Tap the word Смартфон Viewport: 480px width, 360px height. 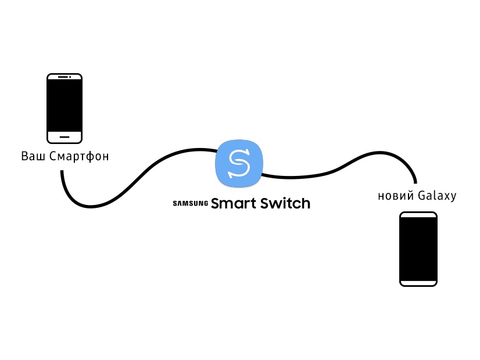click(x=79, y=156)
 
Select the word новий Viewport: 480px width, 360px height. click(x=396, y=196)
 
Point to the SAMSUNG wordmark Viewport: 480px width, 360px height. click(x=191, y=203)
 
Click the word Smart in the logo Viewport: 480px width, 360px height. click(x=234, y=203)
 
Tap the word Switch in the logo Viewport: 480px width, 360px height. click(x=285, y=203)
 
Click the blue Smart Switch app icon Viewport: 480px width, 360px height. click(x=239, y=163)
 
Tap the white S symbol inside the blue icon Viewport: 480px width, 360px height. click(x=239, y=163)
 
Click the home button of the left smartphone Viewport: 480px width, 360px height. click(x=65, y=137)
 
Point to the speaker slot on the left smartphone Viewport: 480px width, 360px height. click(x=63, y=77)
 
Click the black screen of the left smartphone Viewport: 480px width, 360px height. click(x=65, y=106)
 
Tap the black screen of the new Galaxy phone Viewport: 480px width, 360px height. click(x=418, y=249)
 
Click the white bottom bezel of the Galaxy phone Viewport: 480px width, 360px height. click(x=418, y=283)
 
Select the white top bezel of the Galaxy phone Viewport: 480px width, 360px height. click(x=418, y=215)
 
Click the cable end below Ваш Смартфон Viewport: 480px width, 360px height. click(x=62, y=171)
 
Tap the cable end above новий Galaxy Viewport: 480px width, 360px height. click(x=415, y=182)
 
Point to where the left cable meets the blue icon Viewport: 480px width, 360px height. click(x=217, y=150)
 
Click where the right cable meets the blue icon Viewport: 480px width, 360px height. click(x=262, y=175)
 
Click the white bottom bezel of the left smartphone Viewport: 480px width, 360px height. click(x=65, y=137)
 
